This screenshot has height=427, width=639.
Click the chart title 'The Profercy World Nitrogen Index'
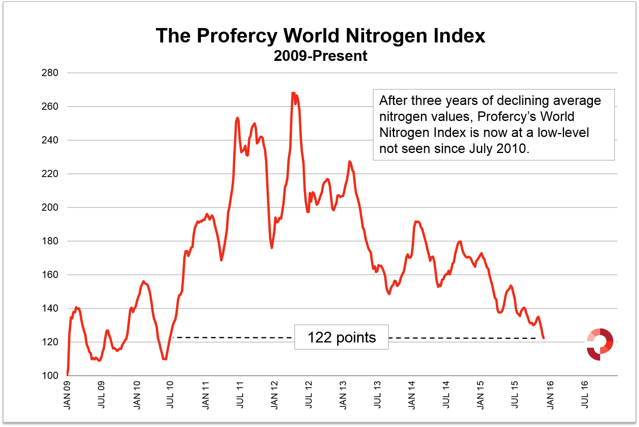(320, 36)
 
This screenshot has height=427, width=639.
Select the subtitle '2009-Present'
(320, 56)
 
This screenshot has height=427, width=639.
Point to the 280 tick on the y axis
(50, 73)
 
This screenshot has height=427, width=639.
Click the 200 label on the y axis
(50, 207)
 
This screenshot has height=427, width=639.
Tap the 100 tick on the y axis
(50, 376)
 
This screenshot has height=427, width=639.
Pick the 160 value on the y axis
(50, 275)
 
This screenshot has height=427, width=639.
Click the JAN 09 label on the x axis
(67, 395)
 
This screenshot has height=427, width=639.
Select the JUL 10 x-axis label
(170, 395)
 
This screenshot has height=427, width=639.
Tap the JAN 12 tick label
(274, 395)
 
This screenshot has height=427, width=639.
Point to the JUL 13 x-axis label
(377, 395)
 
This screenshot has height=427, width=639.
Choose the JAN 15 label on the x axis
(481, 395)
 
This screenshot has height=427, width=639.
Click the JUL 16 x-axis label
(585, 395)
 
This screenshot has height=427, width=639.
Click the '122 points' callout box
(342, 337)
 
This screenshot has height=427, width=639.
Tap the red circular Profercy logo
(600, 344)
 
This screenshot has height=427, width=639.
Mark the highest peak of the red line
(293, 93)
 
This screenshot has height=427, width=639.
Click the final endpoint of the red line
(544, 338)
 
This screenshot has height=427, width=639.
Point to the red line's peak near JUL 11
(237, 118)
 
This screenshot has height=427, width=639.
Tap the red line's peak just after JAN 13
(350, 162)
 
